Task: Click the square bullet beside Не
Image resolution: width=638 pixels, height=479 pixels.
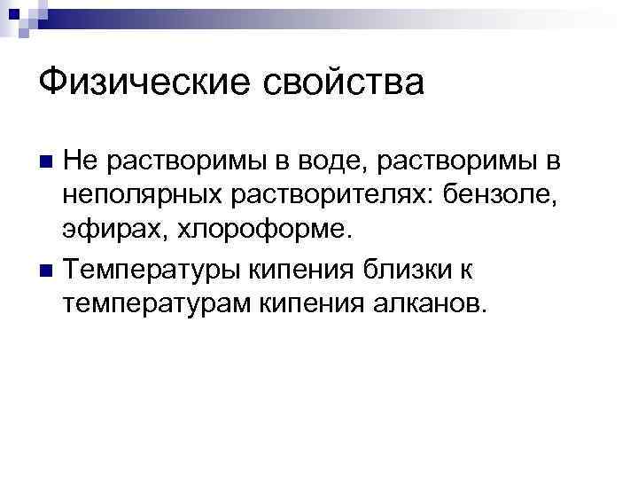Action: pyautogui.click(x=48, y=161)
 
